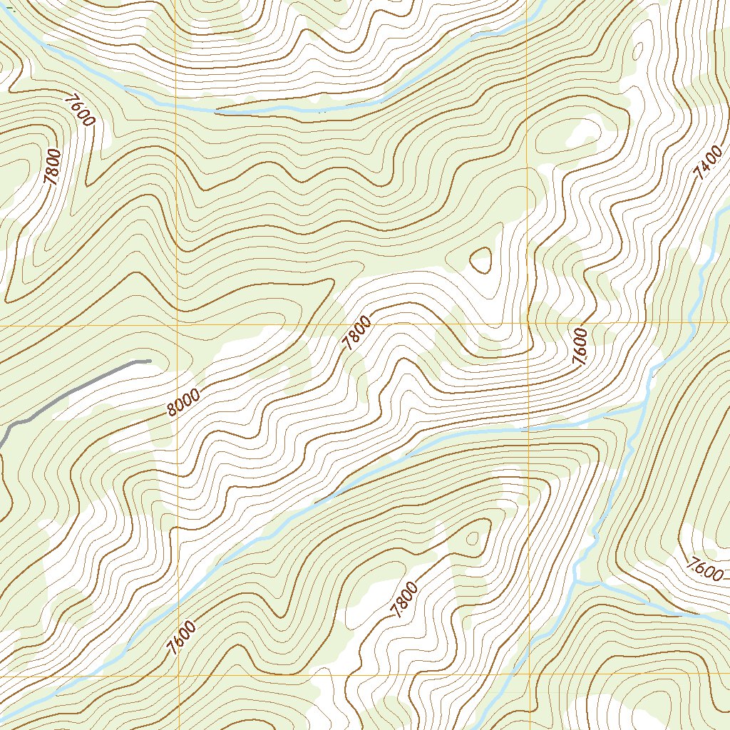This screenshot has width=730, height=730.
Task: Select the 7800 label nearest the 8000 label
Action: [356, 332]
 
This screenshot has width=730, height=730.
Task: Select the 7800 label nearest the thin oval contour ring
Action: [403, 599]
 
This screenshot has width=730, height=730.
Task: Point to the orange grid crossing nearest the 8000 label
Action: [176, 324]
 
